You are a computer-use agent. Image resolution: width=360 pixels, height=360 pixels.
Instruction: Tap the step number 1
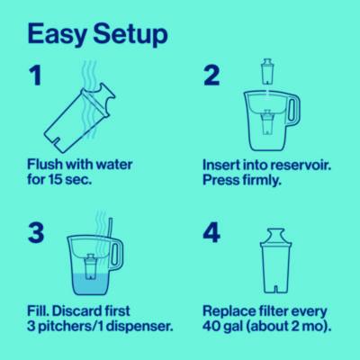34,76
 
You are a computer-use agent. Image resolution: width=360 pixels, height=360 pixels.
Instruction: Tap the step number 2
211,76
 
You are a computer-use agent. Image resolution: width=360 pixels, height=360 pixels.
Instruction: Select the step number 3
36,232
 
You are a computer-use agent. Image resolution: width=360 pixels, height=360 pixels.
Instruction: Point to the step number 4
211,232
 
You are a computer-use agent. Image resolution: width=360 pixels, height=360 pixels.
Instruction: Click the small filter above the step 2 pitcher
266,72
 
